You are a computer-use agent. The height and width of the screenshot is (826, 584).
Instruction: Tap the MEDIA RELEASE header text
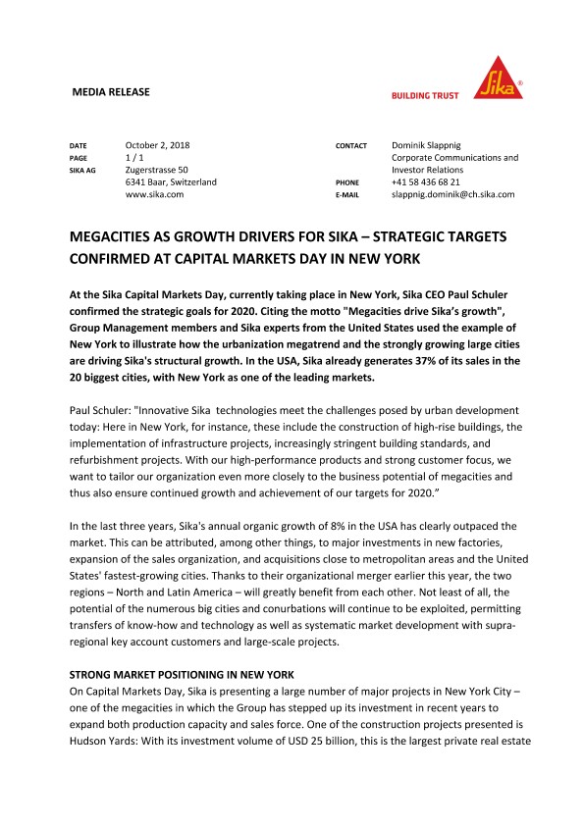112,92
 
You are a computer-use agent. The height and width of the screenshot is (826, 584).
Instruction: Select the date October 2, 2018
158,145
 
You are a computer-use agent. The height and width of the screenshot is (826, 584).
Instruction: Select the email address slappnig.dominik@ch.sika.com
452,194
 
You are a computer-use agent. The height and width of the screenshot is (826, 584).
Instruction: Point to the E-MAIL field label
349,195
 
